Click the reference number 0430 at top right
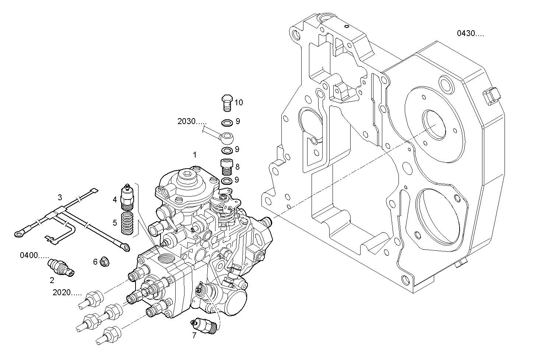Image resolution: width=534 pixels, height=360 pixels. click(470, 34)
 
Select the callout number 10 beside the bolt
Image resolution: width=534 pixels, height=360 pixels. click(239, 102)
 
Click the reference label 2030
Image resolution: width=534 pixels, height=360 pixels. click(192, 122)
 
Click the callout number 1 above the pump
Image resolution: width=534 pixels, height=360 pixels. click(194, 155)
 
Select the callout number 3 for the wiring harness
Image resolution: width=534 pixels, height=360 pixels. click(60, 197)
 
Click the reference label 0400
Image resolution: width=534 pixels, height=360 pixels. click(34, 255)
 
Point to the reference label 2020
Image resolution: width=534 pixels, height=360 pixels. click(67, 293)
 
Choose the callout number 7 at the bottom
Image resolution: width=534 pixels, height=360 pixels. click(194, 335)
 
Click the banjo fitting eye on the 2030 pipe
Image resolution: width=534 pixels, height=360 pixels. click(225, 136)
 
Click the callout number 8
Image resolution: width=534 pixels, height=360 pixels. click(237, 167)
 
